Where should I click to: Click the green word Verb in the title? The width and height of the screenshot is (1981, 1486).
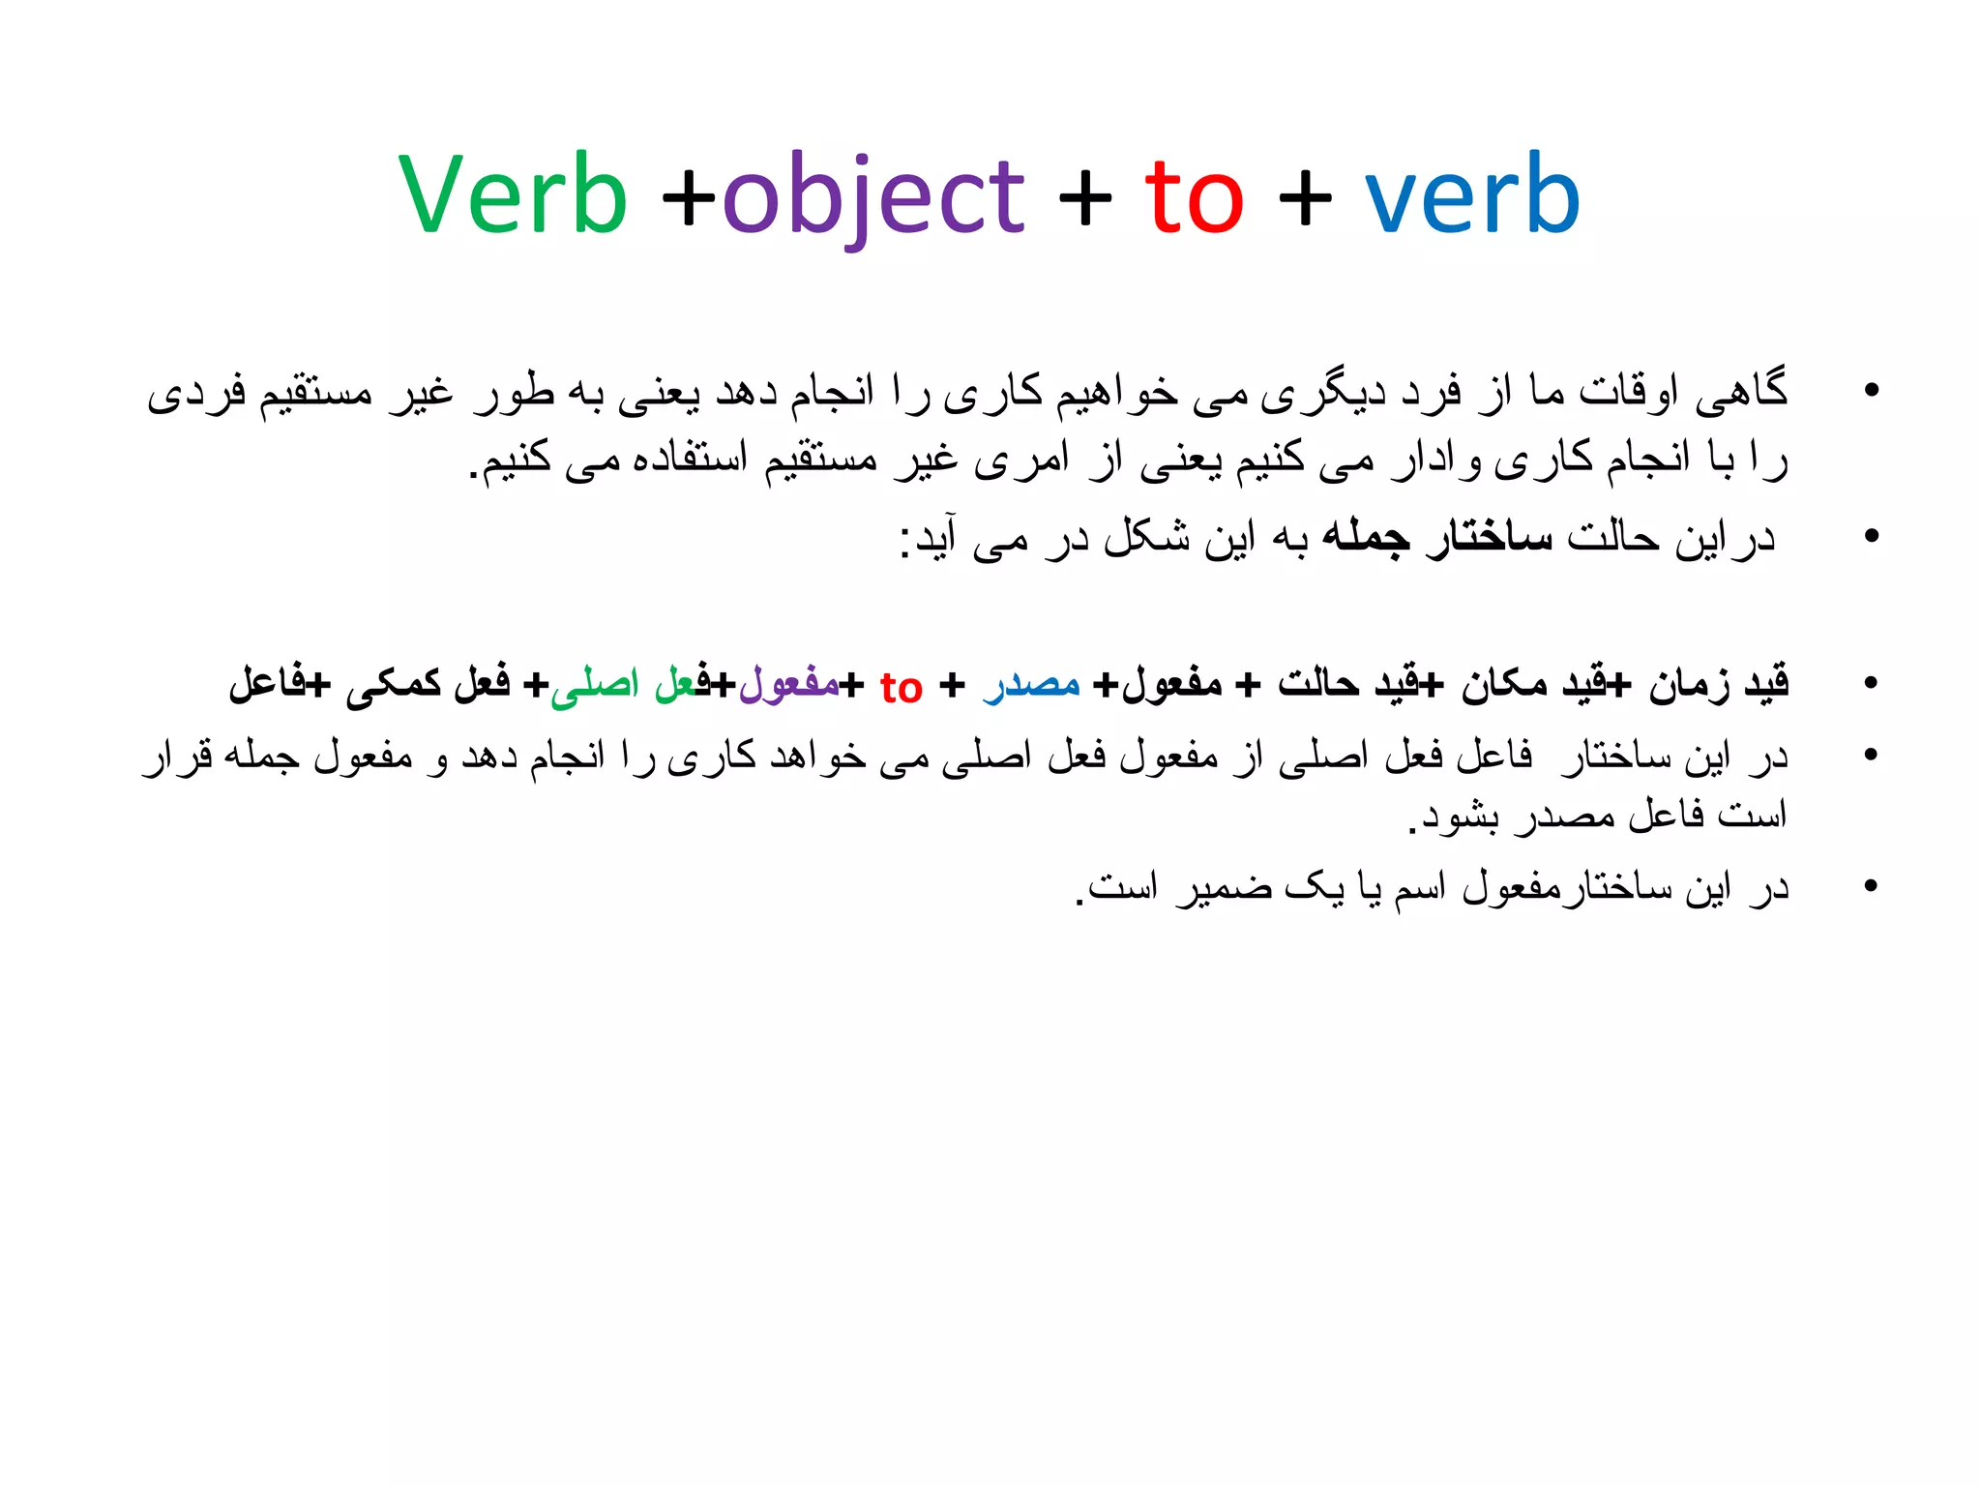pos(513,195)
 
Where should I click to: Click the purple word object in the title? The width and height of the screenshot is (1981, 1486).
pos(872,197)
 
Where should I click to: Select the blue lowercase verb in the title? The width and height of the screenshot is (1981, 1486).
pos(1471,195)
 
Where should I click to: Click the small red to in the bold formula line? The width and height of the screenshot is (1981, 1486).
pos(901,688)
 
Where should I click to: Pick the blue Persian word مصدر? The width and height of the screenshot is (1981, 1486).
pos(1031,684)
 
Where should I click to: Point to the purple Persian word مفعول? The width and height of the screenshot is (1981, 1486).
pos(789,684)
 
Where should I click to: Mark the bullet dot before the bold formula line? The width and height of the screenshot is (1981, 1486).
pos(1871,684)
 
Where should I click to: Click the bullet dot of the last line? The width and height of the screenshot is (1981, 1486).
pos(1871,886)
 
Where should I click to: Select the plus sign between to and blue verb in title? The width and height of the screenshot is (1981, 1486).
pos(1305,199)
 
